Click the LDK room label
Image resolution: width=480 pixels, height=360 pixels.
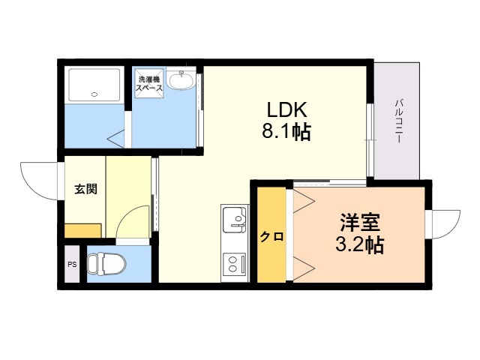(x=286, y=109)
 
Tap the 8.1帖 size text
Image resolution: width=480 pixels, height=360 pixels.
(x=286, y=131)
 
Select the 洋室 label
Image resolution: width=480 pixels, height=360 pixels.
(x=360, y=223)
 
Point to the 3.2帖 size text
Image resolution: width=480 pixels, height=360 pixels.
(x=360, y=244)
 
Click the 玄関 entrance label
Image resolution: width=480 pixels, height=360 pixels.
(x=86, y=189)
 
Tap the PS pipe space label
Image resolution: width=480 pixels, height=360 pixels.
(x=72, y=265)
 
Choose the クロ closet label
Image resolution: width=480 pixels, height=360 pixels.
(x=271, y=237)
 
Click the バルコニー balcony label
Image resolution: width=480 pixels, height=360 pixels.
(x=398, y=121)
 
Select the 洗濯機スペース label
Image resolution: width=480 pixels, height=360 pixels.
(x=149, y=83)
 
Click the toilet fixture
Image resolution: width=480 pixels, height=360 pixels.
(x=106, y=264)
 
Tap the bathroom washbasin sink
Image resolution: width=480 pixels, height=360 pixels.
(x=181, y=81)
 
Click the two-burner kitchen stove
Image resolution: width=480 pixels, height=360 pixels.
(x=234, y=263)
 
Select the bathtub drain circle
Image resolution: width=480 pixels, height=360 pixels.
(x=94, y=94)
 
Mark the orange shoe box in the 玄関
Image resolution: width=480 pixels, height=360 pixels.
(x=82, y=231)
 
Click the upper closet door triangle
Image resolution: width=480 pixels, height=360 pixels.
(x=304, y=201)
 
